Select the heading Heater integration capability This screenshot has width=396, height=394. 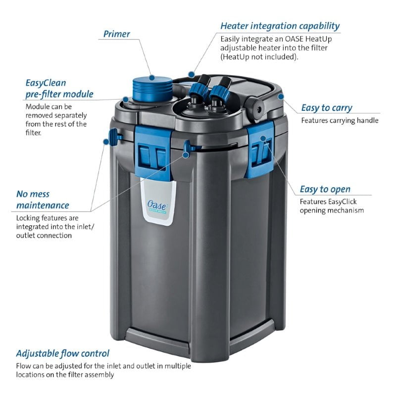click(x=280, y=25)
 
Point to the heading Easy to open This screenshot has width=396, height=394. click(x=325, y=189)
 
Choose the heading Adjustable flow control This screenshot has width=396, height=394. click(x=63, y=353)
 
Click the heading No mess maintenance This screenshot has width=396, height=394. click(x=43, y=199)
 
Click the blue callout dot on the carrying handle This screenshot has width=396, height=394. click(x=281, y=96)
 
